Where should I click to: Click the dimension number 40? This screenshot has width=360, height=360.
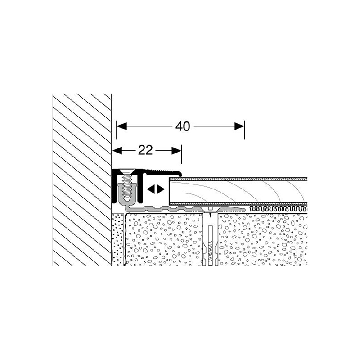[182, 127]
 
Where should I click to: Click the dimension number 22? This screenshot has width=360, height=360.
[145, 151]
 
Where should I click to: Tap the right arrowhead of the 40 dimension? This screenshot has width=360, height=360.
[239, 127]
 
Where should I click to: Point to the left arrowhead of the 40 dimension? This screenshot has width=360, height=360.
[121, 127]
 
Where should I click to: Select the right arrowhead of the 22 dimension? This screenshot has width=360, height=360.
[176, 151]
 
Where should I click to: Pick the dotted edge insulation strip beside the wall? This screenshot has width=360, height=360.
[117, 238]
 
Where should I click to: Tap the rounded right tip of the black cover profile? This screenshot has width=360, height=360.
[180, 174]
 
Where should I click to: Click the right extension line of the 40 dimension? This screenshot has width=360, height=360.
[244, 130]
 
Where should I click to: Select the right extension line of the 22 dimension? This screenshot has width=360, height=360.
[181, 155]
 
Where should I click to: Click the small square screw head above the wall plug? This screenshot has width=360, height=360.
[210, 209]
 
